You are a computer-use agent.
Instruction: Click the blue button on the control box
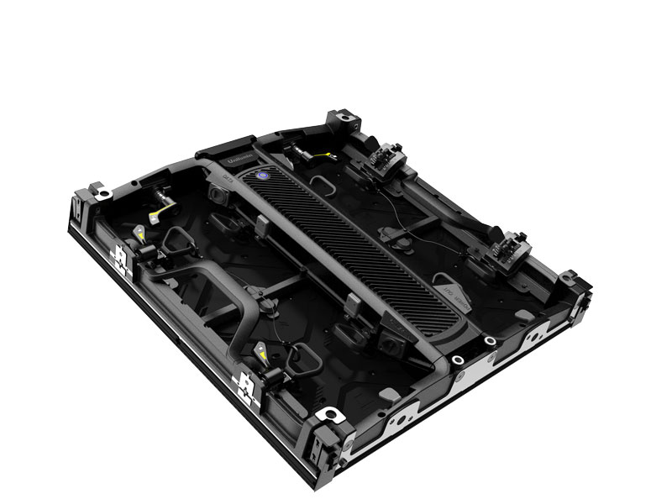coord(262,176)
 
